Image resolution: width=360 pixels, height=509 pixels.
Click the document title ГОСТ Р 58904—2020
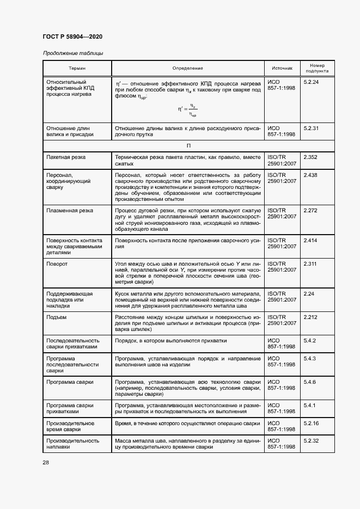click(72, 36)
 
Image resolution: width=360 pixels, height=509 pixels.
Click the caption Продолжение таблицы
click(73, 53)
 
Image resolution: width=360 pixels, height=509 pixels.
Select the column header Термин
click(77, 68)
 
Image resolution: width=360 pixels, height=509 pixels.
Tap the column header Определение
click(188, 68)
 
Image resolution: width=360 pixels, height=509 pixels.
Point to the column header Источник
click(282, 68)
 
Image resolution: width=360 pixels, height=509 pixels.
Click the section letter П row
click(188, 145)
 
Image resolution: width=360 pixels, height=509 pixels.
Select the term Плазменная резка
click(70, 211)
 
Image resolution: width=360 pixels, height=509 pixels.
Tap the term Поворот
click(57, 264)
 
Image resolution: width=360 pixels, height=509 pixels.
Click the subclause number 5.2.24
click(311, 82)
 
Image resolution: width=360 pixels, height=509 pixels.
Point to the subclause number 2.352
click(310, 157)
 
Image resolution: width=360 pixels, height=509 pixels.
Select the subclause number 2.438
click(310, 175)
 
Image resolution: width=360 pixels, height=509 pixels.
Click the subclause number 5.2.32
click(311, 440)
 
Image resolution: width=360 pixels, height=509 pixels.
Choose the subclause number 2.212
click(310, 317)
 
